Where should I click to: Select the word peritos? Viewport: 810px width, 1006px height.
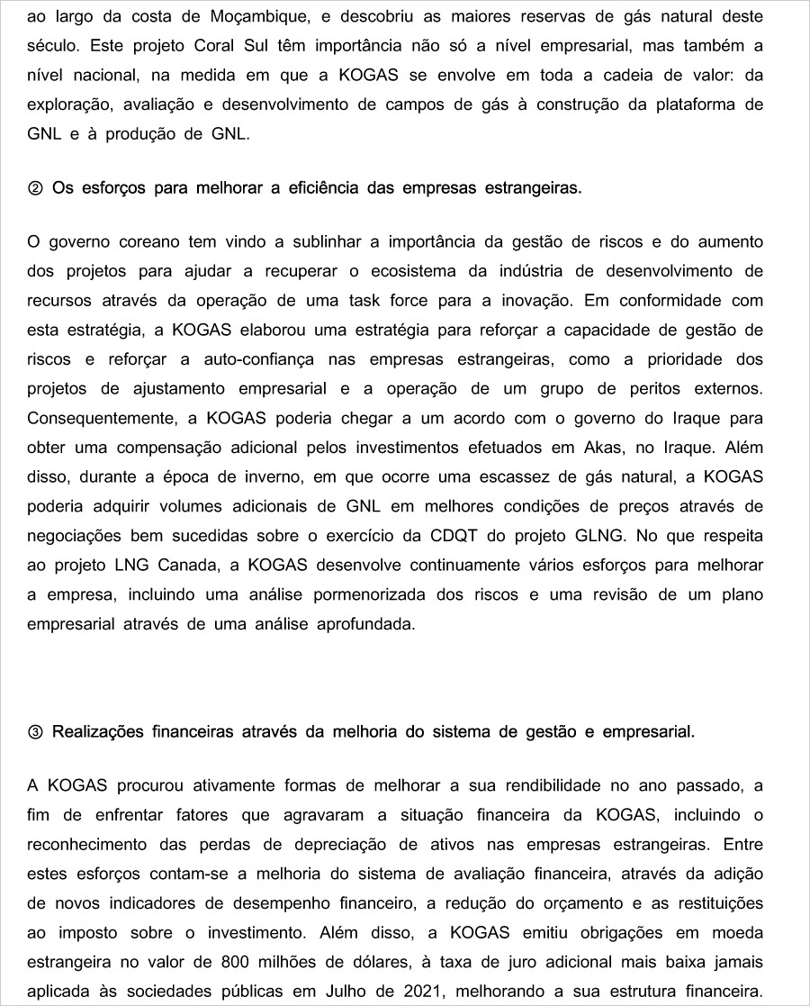coord(649,388)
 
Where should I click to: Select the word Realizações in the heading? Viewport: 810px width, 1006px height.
coord(99,731)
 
